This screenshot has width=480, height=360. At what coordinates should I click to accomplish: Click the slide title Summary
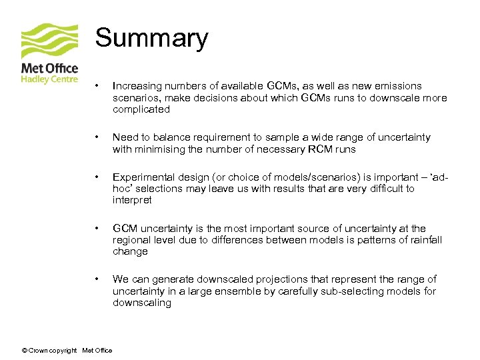coord(151,38)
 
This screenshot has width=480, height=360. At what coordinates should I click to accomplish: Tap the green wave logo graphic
coord(49,41)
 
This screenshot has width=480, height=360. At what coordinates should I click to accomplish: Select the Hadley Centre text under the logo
coord(49,78)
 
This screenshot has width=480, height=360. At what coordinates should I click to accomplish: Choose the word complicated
coord(141,109)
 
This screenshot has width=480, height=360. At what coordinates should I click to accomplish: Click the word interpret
coord(132,200)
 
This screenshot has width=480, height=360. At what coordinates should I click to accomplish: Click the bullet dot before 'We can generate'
coord(97,279)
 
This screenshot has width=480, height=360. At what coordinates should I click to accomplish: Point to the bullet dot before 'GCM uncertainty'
coord(97,228)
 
